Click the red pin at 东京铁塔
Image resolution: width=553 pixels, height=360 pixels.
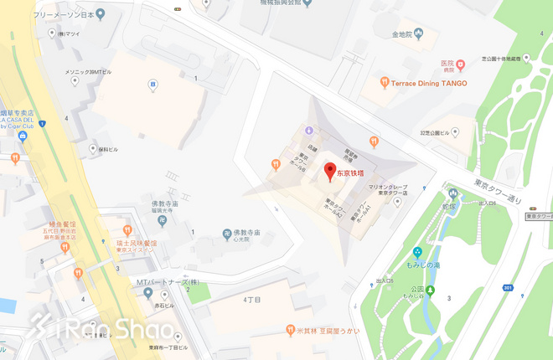pyautogui.click(x=330, y=172)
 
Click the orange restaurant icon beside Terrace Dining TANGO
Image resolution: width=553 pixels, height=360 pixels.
pyautogui.click(x=384, y=82)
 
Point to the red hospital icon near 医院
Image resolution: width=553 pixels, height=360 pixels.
pyautogui.click(x=460, y=64)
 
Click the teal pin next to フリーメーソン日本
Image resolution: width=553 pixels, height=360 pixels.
pyautogui.click(x=101, y=14)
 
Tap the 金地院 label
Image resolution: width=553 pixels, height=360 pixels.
pyautogui.click(x=403, y=35)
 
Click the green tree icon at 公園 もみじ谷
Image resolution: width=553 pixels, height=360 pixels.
pyautogui.click(x=430, y=291)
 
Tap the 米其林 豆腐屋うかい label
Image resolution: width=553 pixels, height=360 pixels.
pyautogui.click(x=328, y=331)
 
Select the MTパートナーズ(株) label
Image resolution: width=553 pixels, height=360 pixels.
pyautogui.click(x=170, y=281)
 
